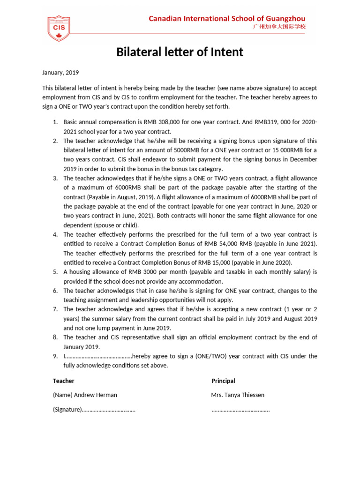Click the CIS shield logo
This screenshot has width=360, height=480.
click(59, 27)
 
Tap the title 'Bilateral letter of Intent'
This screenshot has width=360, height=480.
click(180, 52)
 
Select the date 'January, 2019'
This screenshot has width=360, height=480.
click(60, 73)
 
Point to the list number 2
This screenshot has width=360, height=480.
click(55, 141)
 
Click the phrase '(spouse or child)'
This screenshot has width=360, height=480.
click(104, 225)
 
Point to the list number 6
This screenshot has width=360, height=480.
click(55, 291)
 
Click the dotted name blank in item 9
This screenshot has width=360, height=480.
click(99, 357)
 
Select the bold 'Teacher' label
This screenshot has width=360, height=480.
click(63, 381)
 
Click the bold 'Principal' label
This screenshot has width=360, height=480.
click(223, 381)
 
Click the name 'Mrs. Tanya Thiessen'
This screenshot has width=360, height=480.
click(237, 395)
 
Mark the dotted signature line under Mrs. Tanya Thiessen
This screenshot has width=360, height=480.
click(240, 410)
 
